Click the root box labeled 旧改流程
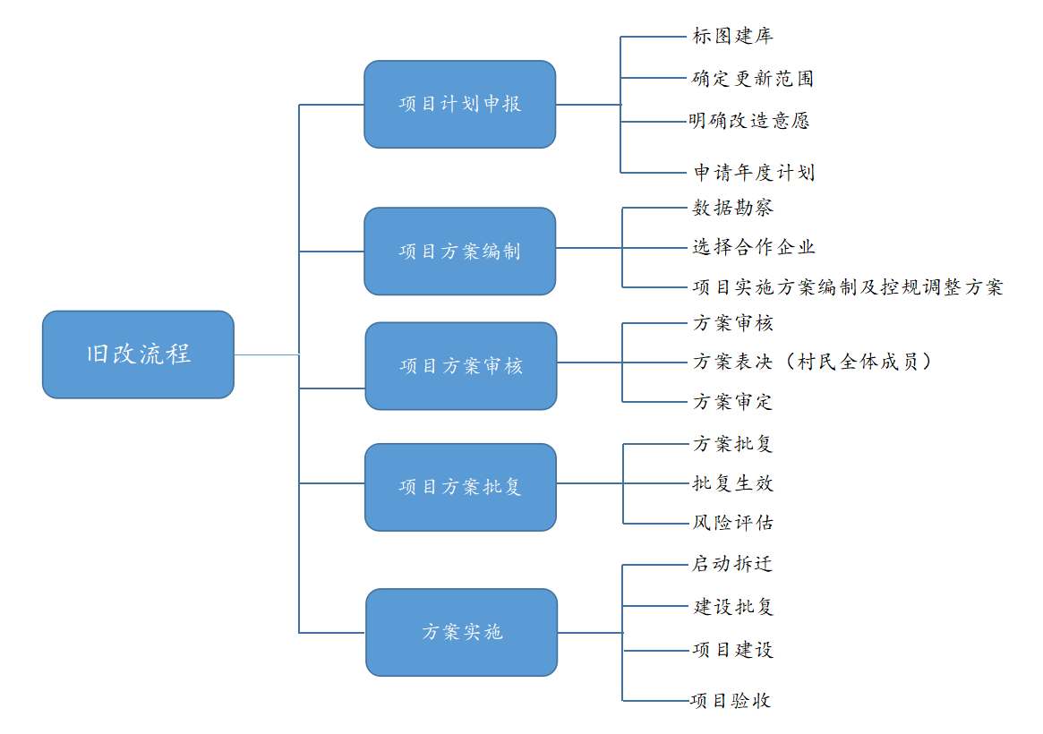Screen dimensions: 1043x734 coord(139,354)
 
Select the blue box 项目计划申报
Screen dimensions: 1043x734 coord(459,105)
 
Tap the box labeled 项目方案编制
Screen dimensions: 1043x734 coord(459,252)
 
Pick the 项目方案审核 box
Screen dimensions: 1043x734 coord(461,366)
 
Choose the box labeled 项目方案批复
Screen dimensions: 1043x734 coord(460,487)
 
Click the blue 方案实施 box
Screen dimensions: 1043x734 coord(462,632)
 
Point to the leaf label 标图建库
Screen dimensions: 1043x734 coord(732,36)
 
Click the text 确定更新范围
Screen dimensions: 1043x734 coord(753,79)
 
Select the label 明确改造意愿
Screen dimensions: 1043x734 coord(749,120)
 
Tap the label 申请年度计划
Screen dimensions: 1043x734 coord(755,173)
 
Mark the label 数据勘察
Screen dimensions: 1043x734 coord(732,208)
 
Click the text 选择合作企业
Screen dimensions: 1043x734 coord(754,247)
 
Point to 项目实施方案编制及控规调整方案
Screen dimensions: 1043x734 coord(848,287)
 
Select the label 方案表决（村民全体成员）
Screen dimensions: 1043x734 coord(812,362)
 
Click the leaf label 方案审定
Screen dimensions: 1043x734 coord(732,402)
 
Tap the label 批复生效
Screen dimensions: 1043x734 coord(732,483)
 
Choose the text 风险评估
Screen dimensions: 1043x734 coord(732,523)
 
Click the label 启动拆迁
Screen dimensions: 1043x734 coord(731,564)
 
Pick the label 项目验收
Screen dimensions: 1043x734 coord(731,701)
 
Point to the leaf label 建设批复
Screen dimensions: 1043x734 coord(733,606)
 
